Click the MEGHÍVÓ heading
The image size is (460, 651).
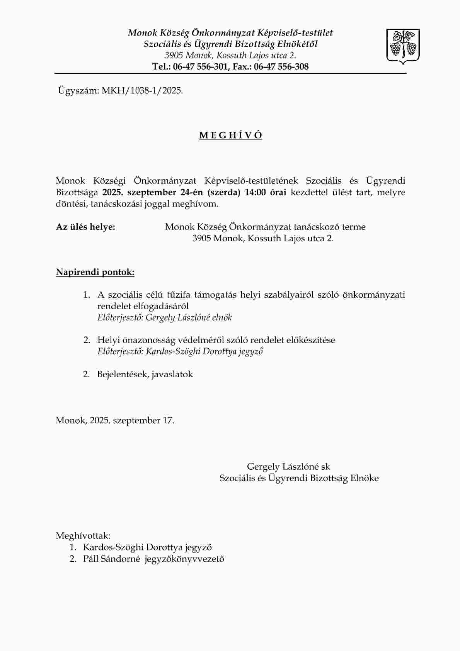click(x=230, y=136)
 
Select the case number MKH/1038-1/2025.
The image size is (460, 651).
click(x=142, y=91)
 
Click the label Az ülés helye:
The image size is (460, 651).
click(x=85, y=227)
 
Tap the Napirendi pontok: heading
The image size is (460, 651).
click(x=95, y=272)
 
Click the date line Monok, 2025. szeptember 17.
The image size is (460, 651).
click(x=115, y=421)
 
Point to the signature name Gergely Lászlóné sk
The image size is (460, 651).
click(x=288, y=467)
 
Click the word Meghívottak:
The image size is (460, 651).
click(x=83, y=536)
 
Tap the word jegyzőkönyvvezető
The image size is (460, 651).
click(x=184, y=559)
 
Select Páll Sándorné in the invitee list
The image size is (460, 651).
click(x=111, y=559)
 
